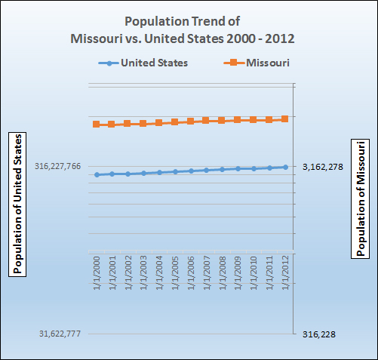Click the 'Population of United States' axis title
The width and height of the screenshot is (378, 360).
[17, 204]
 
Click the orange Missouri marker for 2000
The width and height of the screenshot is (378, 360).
[97, 124]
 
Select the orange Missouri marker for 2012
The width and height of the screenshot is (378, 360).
[285, 118]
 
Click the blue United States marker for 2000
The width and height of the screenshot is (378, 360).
[97, 174]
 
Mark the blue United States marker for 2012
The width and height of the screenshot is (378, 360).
[285, 167]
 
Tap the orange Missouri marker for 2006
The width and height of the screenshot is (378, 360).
[191, 121]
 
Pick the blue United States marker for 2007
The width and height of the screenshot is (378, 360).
[207, 170]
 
